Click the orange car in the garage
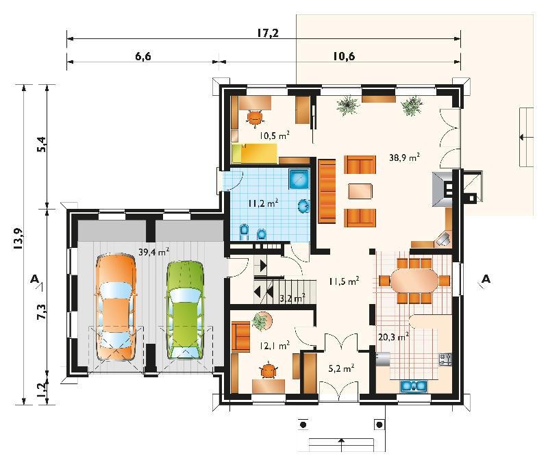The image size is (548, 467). (x=116, y=307)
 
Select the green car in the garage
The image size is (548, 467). (x=185, y=310)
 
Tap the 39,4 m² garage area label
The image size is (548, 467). (x=154, y=251)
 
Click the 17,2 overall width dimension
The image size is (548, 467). (x=268, y=33)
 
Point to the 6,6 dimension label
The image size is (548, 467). (x=143, y=56)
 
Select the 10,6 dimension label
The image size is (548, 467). (x=344, y=56)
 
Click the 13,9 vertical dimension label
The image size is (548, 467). (x=18, y=238)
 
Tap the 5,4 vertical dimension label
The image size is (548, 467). (x=41, y=144)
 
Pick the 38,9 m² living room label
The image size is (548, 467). (x=404, y=157)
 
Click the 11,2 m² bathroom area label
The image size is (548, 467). (x=263, y=203)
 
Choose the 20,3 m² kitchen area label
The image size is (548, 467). (x=393, y=337)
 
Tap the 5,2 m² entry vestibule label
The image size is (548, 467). (x=341, y=368)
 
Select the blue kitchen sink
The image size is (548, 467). (x=414, y=386)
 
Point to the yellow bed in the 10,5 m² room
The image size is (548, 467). (x=254, y=153)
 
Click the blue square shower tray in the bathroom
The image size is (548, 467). (x=299, y=179)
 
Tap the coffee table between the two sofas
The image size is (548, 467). (x=360, y=192)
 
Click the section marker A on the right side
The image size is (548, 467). (x=486, y=279)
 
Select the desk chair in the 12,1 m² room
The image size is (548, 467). (x=269, y=370)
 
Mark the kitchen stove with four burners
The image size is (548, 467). (x=445, y=359)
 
